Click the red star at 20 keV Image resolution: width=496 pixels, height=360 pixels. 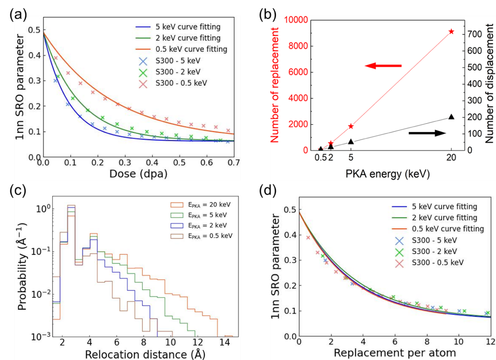(x=451, y=32)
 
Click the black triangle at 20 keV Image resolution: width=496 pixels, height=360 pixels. (x=451, y=117)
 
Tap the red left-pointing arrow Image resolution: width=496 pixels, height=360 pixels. (x=383, y=66)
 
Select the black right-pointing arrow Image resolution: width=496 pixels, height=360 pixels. (x=427, y=133)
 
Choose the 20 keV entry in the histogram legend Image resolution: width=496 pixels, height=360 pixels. (x=204, y=205)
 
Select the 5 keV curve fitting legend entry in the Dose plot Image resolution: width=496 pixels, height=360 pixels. (x=188, y=27)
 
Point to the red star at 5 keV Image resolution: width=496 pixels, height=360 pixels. (x=351, y=126)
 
